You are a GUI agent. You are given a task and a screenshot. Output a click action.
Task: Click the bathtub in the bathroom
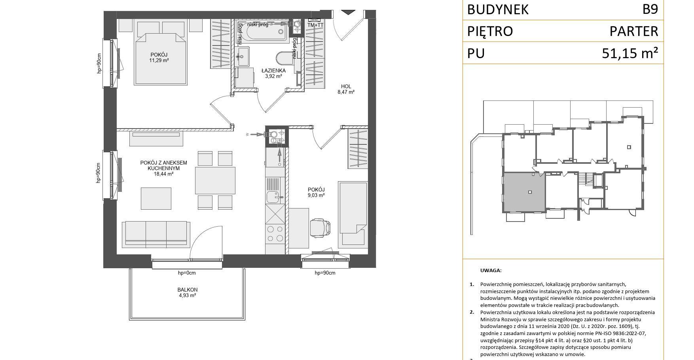coord(262,31)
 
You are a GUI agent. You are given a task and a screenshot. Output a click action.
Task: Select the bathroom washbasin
coord(243,57)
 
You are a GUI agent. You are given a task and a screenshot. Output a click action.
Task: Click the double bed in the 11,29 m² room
coord(160,53)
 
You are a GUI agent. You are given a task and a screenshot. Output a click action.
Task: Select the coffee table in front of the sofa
coord(156,198)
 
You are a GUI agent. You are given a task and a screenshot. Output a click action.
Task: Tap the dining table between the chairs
coord(215,180)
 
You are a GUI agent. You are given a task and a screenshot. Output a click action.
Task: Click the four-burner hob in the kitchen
coord(275,233)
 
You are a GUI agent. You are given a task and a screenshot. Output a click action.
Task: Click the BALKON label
coord(188,290)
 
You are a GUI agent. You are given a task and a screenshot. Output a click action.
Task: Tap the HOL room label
coord(346,86)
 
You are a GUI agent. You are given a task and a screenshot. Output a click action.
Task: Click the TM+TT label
coord(315,25)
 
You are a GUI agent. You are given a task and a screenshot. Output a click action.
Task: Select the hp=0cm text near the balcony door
coord(187,273)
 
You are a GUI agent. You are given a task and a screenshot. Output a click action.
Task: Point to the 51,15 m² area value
coord(630,53)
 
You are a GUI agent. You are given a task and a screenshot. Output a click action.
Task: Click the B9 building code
coord(650,9)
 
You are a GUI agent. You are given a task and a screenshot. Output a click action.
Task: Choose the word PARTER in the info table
coord(634,31)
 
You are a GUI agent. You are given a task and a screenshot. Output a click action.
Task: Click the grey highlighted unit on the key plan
coord(524,192)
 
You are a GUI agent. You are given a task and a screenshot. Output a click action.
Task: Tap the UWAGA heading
coord(491,271)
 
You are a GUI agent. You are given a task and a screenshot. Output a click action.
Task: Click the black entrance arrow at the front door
coord(348,12)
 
